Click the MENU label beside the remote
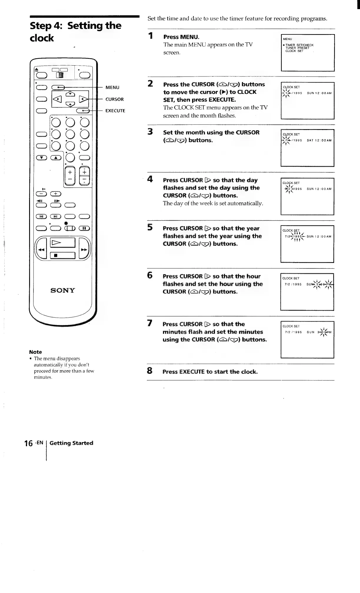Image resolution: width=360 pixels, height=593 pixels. [112, 87]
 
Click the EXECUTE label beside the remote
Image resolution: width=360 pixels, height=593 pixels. [115, 111]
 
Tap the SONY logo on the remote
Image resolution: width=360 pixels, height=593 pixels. [63, 291]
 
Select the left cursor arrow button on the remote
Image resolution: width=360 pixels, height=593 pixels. [58, 99]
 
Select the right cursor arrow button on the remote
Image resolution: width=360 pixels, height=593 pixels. [84, 99]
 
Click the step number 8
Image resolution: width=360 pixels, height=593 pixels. [150, 371]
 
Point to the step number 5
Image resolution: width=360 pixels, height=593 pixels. [150, 227]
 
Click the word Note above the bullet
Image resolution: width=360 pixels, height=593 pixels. [36, 352]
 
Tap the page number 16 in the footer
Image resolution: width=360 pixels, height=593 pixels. [29, 443]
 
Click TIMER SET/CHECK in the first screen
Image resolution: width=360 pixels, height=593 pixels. [299, 45]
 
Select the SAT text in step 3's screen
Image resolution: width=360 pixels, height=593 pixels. [310, 140]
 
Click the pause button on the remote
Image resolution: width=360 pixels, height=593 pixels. [84, 228]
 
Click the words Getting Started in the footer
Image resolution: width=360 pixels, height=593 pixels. [71, 443]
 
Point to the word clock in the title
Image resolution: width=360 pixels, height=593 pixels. [42, 38]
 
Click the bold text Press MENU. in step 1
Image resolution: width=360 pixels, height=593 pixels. [181, 37]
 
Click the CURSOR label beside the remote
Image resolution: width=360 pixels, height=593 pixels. [115, 99]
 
